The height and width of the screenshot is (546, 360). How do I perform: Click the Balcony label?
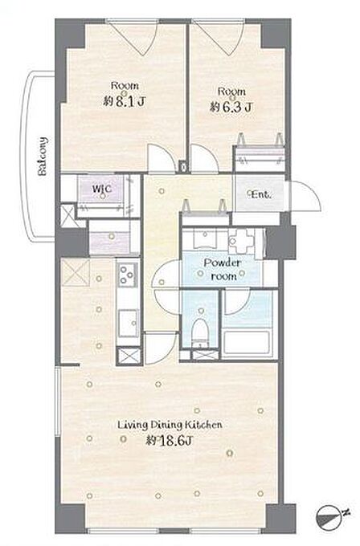pyautogui.click(x=43, y=156)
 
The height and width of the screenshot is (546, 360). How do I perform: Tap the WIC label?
pyautogui.click(x=102, y=189)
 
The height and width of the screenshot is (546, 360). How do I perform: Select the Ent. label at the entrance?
pyautogui.click(x=260, y=194)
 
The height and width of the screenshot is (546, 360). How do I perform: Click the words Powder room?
pyautogui.click(x=223, y=269)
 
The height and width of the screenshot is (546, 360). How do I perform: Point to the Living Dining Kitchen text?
pyautogui.click(x=170, y=426)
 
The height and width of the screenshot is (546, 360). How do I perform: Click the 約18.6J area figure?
pyautogui.click(x=169, y=441)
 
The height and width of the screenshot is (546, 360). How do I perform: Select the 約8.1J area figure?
pyautogui.click(x=125, y=101)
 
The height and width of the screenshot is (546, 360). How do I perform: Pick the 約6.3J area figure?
pyautogui.click(x=231, y=107)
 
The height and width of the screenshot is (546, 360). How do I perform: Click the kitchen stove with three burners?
pyautogui.click(x=127, y=274)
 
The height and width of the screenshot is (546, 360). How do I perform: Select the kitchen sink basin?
pyautogui.click(x=129, y=323)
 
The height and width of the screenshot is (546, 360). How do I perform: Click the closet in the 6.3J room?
pyautogui.click(x=260, y=159)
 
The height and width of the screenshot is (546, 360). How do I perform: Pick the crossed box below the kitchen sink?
pyautogui.click(x=129, y=356)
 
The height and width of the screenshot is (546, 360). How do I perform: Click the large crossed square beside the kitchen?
pyautogui.click(x=76, y=272)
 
